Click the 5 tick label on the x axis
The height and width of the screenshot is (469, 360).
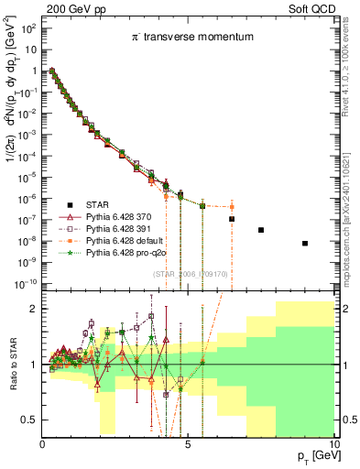coord(187,444)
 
